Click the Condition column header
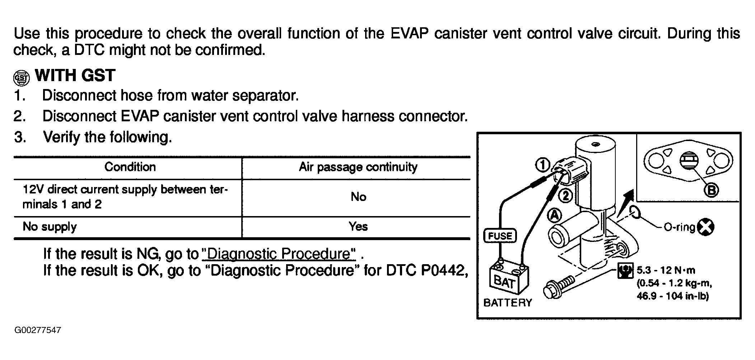130,167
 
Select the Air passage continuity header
358,167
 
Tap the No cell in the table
358,197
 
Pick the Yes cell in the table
358,226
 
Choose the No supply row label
50,227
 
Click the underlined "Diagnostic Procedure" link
279,254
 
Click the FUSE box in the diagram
500,236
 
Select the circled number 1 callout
542,165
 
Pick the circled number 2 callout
565,196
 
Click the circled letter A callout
554,215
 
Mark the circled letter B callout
711,190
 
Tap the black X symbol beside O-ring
705,227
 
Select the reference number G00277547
38,330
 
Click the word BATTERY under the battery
508,303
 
